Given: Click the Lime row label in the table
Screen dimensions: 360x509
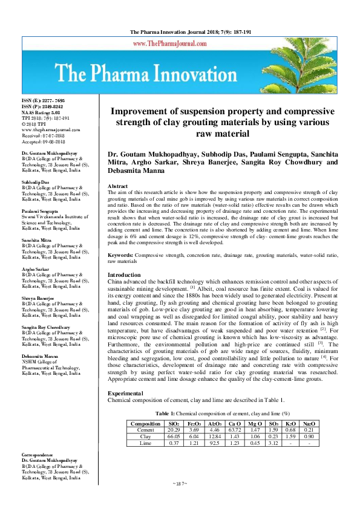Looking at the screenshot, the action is click(145, 443).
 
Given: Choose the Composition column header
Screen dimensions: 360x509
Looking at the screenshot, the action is click(145, 423).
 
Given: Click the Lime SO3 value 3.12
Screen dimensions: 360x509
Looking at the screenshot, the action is click(274, 443).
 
